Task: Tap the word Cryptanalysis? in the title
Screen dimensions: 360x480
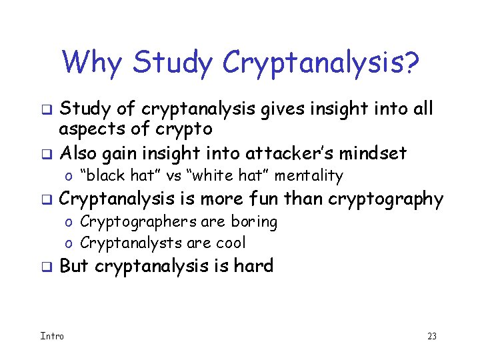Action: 321,64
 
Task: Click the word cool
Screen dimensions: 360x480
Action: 229,243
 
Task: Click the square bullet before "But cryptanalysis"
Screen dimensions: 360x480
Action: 47,267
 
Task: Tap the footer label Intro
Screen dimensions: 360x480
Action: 52,335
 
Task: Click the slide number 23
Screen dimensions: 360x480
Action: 431,336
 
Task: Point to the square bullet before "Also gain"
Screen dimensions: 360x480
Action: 47,154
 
